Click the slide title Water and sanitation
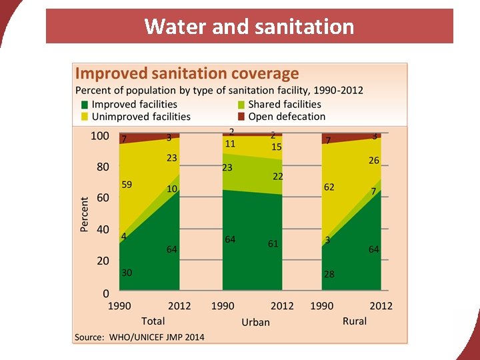pos(249,27)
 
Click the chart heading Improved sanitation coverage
pos(187,73)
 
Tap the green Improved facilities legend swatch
pos(84,105)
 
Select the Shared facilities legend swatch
pos(241,105)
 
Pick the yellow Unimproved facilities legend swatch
pos(84,117)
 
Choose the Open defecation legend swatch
pos(241,117)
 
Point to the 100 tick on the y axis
pos(100,136)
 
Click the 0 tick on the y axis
pos(105,293)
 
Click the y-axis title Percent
pos(85,214)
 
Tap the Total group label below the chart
pos(153,321)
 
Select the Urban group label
pos(255,322)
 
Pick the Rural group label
pos(355,321)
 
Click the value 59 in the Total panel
pos(127,185)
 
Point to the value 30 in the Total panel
pos(127,273)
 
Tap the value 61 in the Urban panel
pos(273,244)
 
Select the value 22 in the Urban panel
pos(277,176)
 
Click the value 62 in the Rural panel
pos(329,188)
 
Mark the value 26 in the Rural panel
pos(374,161)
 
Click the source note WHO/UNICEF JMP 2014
pos(139,337)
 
